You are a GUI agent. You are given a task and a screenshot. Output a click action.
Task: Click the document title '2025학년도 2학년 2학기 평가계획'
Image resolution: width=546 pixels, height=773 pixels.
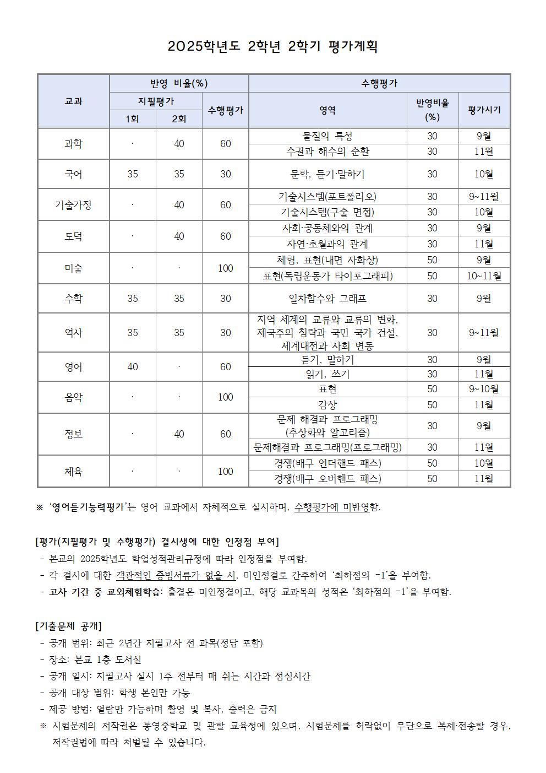[272, 46]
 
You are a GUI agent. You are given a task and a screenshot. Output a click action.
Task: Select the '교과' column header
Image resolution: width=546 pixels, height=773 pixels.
[73, 101]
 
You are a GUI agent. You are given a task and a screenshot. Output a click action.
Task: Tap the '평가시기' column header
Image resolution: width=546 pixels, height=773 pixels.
[484, 110]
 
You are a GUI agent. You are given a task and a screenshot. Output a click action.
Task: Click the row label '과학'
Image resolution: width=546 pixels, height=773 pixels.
[73, 144]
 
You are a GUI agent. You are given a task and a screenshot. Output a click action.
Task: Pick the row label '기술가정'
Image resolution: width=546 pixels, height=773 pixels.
[73, 205]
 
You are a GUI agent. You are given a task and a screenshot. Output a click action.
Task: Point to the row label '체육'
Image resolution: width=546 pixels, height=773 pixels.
[73, 472]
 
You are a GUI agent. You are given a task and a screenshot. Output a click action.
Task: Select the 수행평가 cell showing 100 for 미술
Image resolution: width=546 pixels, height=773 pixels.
[225, 268]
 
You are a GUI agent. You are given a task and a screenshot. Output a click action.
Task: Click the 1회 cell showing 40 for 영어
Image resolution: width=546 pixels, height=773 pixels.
[132, 367]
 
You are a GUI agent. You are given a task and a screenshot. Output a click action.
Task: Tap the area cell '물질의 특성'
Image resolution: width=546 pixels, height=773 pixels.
[327, 136]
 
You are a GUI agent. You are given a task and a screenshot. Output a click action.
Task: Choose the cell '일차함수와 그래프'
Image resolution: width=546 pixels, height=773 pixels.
[327, 299]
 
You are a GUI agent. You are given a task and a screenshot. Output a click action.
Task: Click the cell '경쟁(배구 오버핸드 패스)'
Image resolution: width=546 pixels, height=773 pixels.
[327, 479]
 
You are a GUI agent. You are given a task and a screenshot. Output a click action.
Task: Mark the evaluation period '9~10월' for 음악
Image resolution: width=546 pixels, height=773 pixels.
[484, 389]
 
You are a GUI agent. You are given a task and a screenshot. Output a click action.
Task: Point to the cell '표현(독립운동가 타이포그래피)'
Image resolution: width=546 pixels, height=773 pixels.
[327, 276]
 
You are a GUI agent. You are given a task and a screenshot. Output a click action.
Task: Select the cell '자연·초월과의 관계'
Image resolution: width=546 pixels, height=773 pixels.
[327, 244]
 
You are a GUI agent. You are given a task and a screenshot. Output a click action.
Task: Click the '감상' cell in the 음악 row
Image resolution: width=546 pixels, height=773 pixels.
[327, 405]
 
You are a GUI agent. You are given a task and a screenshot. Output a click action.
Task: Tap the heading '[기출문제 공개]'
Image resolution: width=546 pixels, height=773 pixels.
[68, 626]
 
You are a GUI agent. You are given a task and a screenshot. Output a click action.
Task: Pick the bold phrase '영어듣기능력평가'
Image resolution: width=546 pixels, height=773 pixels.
[88, 507]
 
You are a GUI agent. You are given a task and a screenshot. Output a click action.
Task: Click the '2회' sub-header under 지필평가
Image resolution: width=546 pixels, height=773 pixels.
[179, 118]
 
